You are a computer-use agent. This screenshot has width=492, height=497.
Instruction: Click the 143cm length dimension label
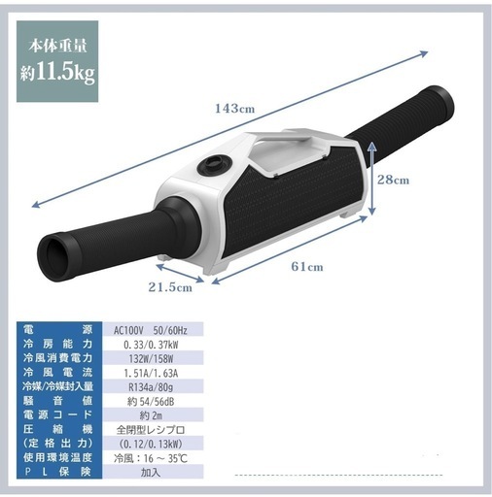235,109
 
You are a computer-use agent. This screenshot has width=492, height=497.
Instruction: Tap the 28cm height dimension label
393,180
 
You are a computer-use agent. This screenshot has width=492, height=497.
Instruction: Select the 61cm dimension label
307,266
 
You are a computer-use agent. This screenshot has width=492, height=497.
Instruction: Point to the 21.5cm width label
170,287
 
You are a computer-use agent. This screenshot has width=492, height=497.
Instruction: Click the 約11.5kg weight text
57,74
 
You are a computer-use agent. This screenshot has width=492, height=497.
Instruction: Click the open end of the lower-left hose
57,255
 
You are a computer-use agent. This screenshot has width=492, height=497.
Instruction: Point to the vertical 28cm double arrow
371,179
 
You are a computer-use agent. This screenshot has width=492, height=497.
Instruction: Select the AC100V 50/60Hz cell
151,330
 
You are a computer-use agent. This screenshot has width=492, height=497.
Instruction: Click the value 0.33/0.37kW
151,345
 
